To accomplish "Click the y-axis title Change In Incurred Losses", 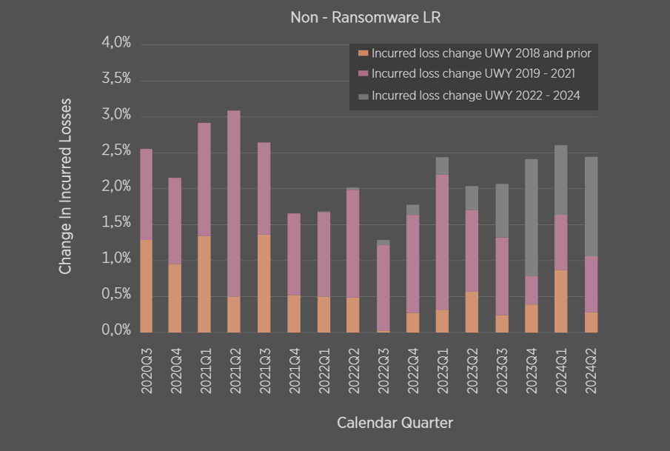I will (x=66, y=186).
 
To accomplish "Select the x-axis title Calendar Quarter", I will (x=395, y=423).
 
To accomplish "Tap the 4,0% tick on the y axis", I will (x=115, y=44).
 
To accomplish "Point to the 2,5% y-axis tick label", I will (x=115, y=151).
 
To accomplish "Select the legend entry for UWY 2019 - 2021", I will (x=473, y=74).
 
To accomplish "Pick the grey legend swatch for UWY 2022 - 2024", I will (x=363, y=96).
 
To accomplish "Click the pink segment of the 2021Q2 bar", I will (x=234, y=204).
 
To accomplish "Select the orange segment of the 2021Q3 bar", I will (x=264, y=284).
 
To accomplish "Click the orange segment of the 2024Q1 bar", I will (x=560, y=301).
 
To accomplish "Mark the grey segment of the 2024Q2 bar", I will (x=590, y=207).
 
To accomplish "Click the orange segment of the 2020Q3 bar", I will (x=146, y=286).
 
